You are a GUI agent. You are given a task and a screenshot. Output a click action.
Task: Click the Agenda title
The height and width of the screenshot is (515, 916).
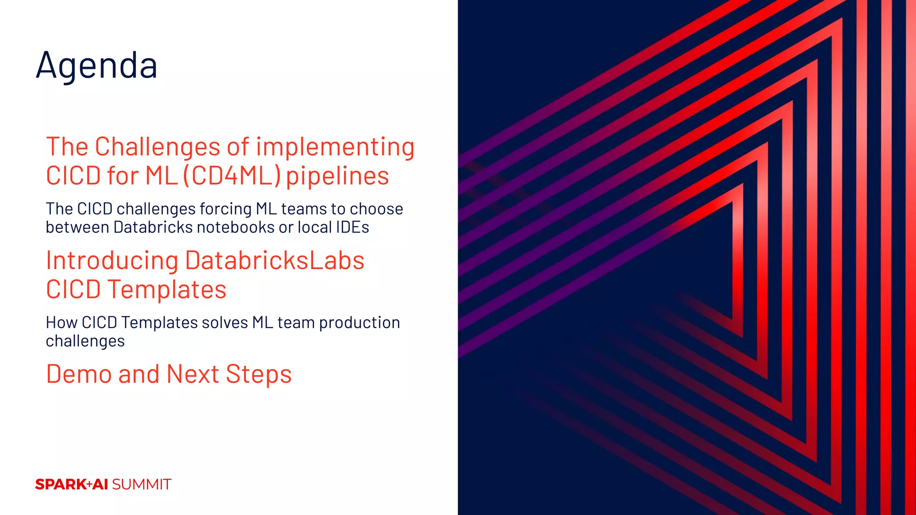97,65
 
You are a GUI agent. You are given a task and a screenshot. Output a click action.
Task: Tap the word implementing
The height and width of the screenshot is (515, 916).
335,147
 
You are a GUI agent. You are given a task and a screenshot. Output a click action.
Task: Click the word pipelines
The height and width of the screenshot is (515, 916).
337,175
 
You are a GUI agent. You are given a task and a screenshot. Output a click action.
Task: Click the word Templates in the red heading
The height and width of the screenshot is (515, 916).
166,289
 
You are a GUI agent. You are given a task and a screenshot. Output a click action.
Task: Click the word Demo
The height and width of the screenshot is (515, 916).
80,374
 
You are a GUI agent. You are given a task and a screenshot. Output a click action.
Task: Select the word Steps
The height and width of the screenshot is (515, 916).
259,374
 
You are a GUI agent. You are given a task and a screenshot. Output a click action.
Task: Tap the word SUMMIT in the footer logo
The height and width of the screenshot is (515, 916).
141,484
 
